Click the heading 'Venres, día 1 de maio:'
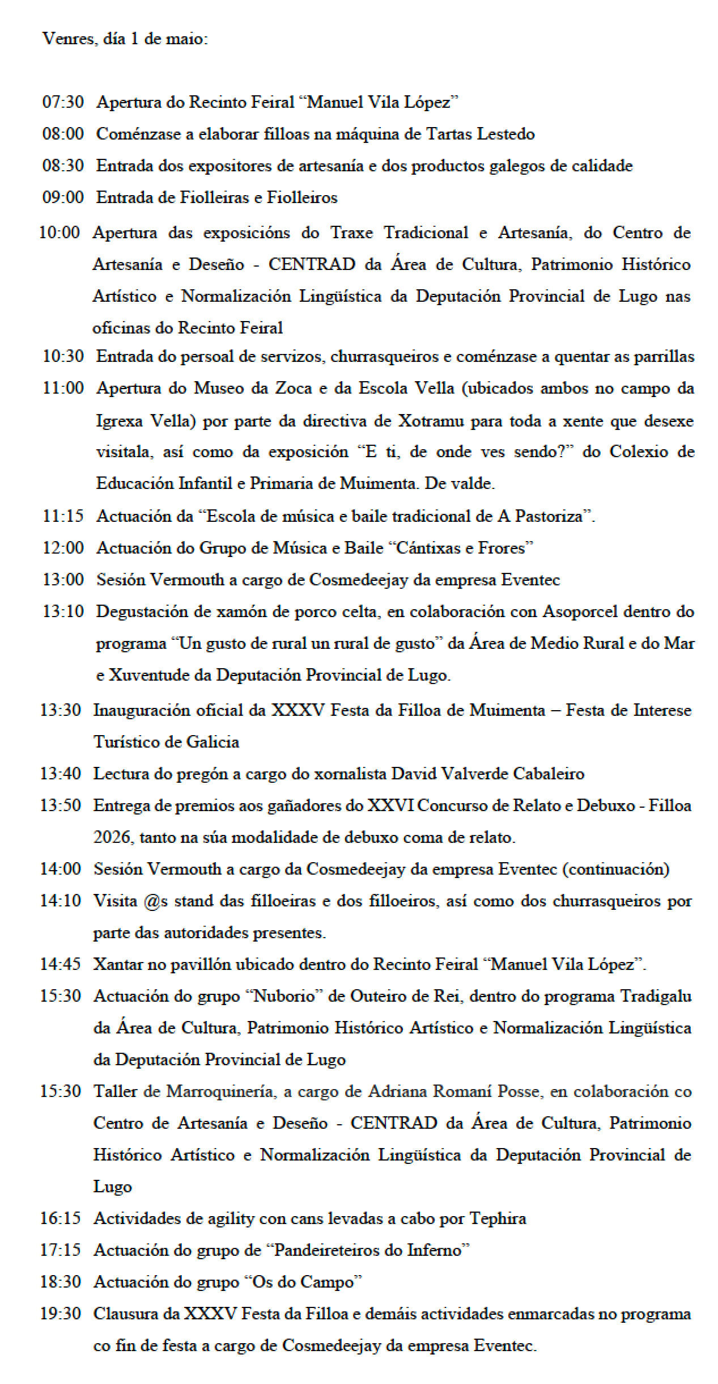click(x=125, y=40)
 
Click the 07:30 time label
click(x=63, y=102)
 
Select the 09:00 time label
click(x=63, y=197)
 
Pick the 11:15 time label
click(x=63, y=516)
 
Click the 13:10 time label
click(x=63, y=611)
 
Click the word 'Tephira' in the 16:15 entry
click(x=499, y=1218)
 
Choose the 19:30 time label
click(x=60, y=1313)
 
